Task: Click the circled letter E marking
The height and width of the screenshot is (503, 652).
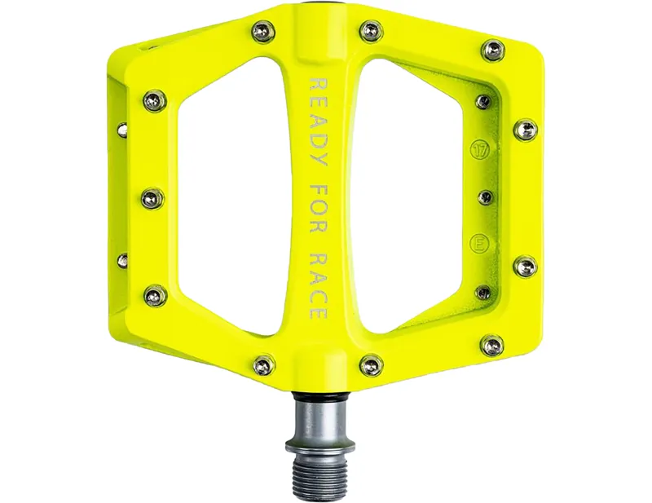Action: [481, 243]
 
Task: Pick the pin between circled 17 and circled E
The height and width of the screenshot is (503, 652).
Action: [484, 196]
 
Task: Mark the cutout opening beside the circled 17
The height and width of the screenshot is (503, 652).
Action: [416, 196]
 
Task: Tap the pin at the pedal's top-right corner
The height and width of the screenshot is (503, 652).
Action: [494, 51]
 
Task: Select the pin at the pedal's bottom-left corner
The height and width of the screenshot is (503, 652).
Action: [153, 294]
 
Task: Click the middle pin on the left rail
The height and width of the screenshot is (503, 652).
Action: [152, 197]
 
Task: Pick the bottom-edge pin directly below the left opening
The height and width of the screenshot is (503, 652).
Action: [262, 364]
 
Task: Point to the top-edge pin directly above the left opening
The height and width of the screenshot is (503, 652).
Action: [262, 30]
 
